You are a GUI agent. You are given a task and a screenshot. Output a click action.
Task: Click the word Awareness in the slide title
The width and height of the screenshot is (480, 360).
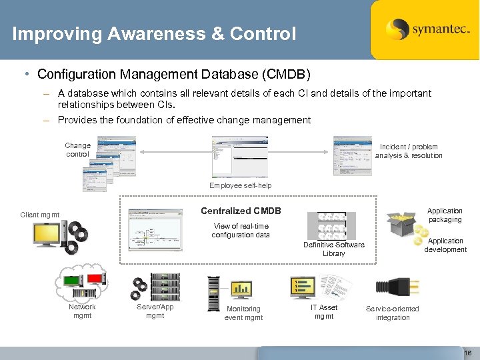(x=155, y=33)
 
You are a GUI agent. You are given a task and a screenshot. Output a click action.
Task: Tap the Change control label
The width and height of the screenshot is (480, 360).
(x=77, y=149)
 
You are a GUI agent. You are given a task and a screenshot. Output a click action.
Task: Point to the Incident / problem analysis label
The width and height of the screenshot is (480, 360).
(x=408, y=151)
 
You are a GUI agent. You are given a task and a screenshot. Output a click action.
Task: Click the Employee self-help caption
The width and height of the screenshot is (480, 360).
(x=240, y=185)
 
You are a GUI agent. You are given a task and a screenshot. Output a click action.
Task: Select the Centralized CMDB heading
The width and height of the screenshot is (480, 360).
(x=241, y=211)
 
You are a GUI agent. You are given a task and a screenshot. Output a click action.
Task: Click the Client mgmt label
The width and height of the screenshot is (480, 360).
(x=40, y=215)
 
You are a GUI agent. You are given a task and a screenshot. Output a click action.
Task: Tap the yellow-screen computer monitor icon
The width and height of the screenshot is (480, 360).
(x=48, y=234)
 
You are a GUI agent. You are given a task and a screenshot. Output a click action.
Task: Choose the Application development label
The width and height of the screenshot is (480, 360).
(x=445, y=245)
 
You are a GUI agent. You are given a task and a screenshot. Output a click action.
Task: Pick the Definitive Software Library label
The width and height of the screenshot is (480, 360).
(x=333, y=249)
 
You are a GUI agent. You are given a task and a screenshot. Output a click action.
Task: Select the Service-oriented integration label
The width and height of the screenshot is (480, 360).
(x=393, y=313)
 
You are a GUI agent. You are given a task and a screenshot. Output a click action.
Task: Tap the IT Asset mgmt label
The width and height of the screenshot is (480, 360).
(x=324, y=311)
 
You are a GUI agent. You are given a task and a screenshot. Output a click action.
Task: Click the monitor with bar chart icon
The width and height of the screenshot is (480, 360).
(x=241, y=288)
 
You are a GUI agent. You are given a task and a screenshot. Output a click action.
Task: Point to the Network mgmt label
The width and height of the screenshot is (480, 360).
(x=82, y=311)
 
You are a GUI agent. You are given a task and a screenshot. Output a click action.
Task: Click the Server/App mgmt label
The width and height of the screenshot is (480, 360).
(x=155, y=311)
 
